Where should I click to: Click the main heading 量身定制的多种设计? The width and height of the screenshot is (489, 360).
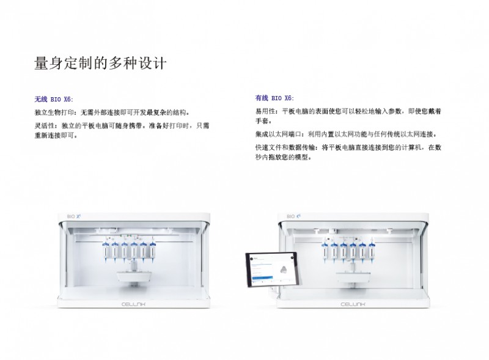(x=100, y=64)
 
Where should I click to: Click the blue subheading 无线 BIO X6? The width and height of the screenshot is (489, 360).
(x=53, y=99)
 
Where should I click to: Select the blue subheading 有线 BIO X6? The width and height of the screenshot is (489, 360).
(x=274, y=98)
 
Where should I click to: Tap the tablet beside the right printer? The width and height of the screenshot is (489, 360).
(x=272, y=269)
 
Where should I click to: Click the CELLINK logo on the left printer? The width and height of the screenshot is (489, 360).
(x=133, y=304)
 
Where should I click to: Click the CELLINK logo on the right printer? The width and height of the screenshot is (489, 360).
(x=353, y=304)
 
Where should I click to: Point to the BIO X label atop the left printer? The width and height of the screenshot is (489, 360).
(x=74, y=216)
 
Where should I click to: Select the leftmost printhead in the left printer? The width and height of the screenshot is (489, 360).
(x=105, y=251)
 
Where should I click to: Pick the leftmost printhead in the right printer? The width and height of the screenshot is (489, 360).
(x=325, y=251)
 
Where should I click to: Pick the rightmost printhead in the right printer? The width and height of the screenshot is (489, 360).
(x=372, y=251)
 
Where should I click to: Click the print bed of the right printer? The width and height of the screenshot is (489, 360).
(x=354, y=276)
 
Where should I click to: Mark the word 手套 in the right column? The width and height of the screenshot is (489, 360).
(x=262, y=121)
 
